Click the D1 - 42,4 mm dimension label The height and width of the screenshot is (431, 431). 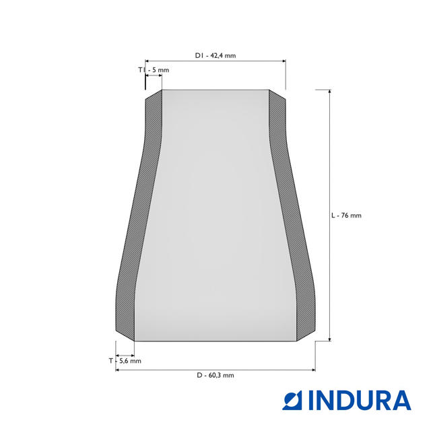pyautogui.click(x=215, y=55)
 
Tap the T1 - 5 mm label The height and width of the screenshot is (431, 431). pyautogui.click(x=154, y=70)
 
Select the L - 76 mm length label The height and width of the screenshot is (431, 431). pyautogui.click(x=346, y=215)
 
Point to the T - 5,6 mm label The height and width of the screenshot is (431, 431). pyautogui.click(x=125, y=361)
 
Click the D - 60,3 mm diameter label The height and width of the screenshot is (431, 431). pyautogui.click(x=215, y=375)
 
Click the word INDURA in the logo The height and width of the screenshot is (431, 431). pyautogui.click(x=360, y=401)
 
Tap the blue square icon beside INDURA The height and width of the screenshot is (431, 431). pyautogui.click(x=292, y=401)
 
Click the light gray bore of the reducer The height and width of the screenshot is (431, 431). pyautogui.click(x=215, y=215)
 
